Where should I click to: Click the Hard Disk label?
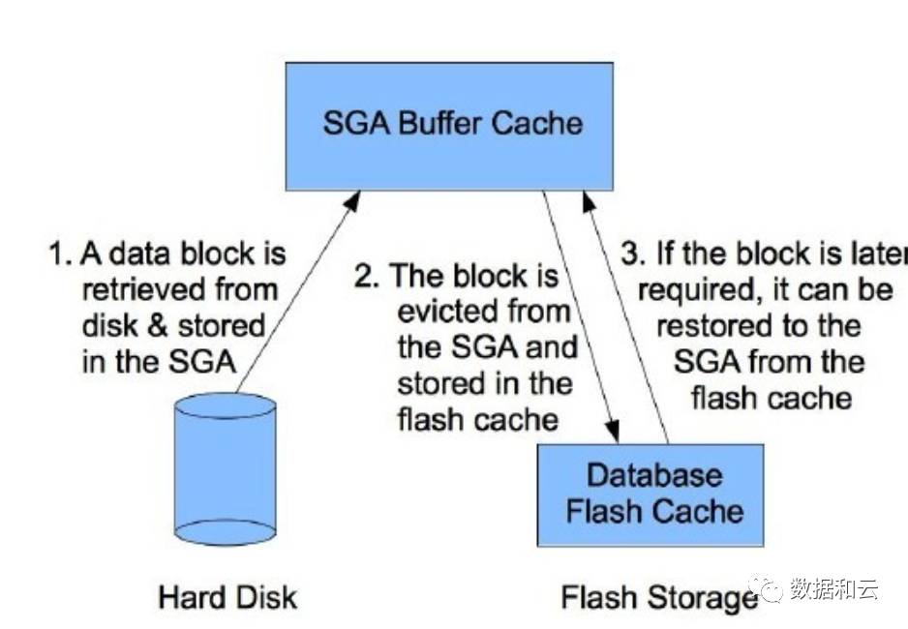(x=228, y=596)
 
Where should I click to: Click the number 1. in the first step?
(x=61, y=255)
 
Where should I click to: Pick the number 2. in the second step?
(x=365, y=277)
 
